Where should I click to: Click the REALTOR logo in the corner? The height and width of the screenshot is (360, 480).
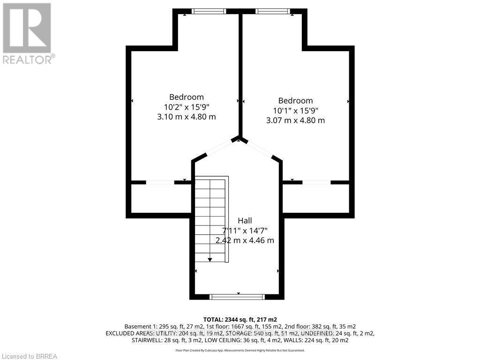point(28,33)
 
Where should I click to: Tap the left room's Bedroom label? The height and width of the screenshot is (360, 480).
point(187,97)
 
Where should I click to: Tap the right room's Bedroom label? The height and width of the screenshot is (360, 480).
point(295,100)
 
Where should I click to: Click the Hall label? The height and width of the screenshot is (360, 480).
point(244,220)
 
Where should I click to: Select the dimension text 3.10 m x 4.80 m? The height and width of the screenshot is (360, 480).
point(187,117)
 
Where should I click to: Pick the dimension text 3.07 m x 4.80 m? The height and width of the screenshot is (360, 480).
point(295,120)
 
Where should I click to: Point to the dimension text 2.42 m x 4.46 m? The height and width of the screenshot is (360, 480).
point(244,240)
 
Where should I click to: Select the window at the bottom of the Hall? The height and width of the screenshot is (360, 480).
point(237,296)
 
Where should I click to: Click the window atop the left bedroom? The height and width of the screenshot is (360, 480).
point(209,11)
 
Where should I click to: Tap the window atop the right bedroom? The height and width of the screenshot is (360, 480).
point(273,11)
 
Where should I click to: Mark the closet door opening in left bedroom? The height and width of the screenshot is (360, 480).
point(160,182)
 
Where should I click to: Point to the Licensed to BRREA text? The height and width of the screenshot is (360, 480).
point(29,356)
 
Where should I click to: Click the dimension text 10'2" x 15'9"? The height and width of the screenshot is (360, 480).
point(187,107)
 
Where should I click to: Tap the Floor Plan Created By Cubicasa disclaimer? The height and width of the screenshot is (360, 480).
point(240,350)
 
